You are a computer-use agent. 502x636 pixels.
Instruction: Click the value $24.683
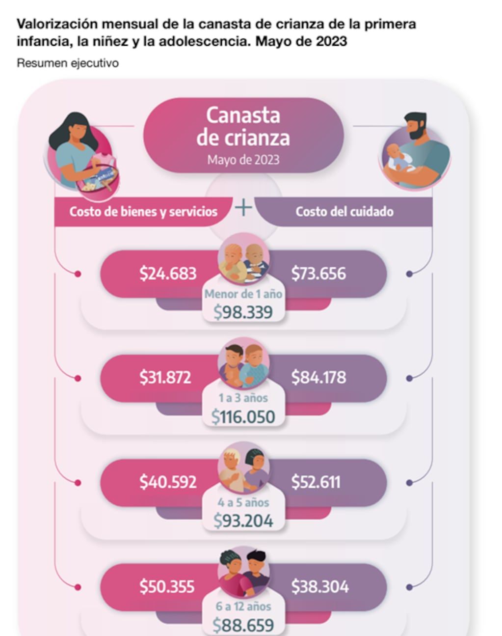coord(168,274)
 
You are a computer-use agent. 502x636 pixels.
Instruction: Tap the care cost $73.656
coord(318,274)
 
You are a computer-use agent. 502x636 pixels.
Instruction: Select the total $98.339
coord(243,312)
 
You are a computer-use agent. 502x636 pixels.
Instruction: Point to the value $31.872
coord(165,378)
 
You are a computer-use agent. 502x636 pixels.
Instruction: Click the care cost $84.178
coord(318,378)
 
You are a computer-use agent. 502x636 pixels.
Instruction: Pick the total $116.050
coord(243,417)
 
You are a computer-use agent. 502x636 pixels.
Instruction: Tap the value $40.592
coord(168,482)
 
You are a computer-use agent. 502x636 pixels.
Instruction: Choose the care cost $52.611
coord(316,482)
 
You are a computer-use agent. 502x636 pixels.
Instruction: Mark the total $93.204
coord(243,521)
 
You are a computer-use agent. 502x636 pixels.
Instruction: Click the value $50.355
coord(167,586)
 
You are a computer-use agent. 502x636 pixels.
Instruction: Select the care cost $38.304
coord(319,586)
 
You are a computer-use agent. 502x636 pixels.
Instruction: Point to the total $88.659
coord(243,625)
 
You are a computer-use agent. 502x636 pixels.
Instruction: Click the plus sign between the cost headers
coord(243,208)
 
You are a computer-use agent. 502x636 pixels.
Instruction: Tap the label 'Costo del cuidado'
coord(344,212)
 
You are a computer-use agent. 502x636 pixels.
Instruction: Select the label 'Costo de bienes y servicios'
coord(143,212)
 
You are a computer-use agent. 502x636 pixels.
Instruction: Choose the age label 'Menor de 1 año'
coord(243,294)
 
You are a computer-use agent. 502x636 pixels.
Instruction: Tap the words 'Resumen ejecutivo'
coord(68,63)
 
